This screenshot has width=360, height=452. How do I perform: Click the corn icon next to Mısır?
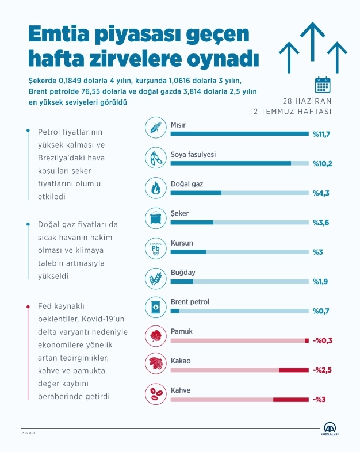pyautogui.click(x=156, y=128)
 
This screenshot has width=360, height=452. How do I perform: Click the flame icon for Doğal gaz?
pyautogui.click(x=156, y=188)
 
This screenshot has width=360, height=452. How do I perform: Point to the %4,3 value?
pyautogui.click(x=321, y=193)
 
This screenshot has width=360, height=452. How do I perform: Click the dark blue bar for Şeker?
pyautogui.click(x=192, y=223)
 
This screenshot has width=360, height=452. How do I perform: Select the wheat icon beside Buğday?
pyautogui.click(x=156, y=278)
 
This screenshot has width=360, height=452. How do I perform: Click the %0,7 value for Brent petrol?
pyautogui.click(x=321, y=311)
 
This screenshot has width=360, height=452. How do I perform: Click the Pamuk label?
pyautogui.click(x=181, y=332)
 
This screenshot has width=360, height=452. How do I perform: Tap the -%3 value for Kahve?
pyautogui.click(x=320, y=400)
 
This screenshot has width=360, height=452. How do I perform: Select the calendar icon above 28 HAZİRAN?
pyautogui.click(x=322, y=85)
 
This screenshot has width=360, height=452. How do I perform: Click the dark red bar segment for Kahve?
pyautogui.click(x=290, y=400)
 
